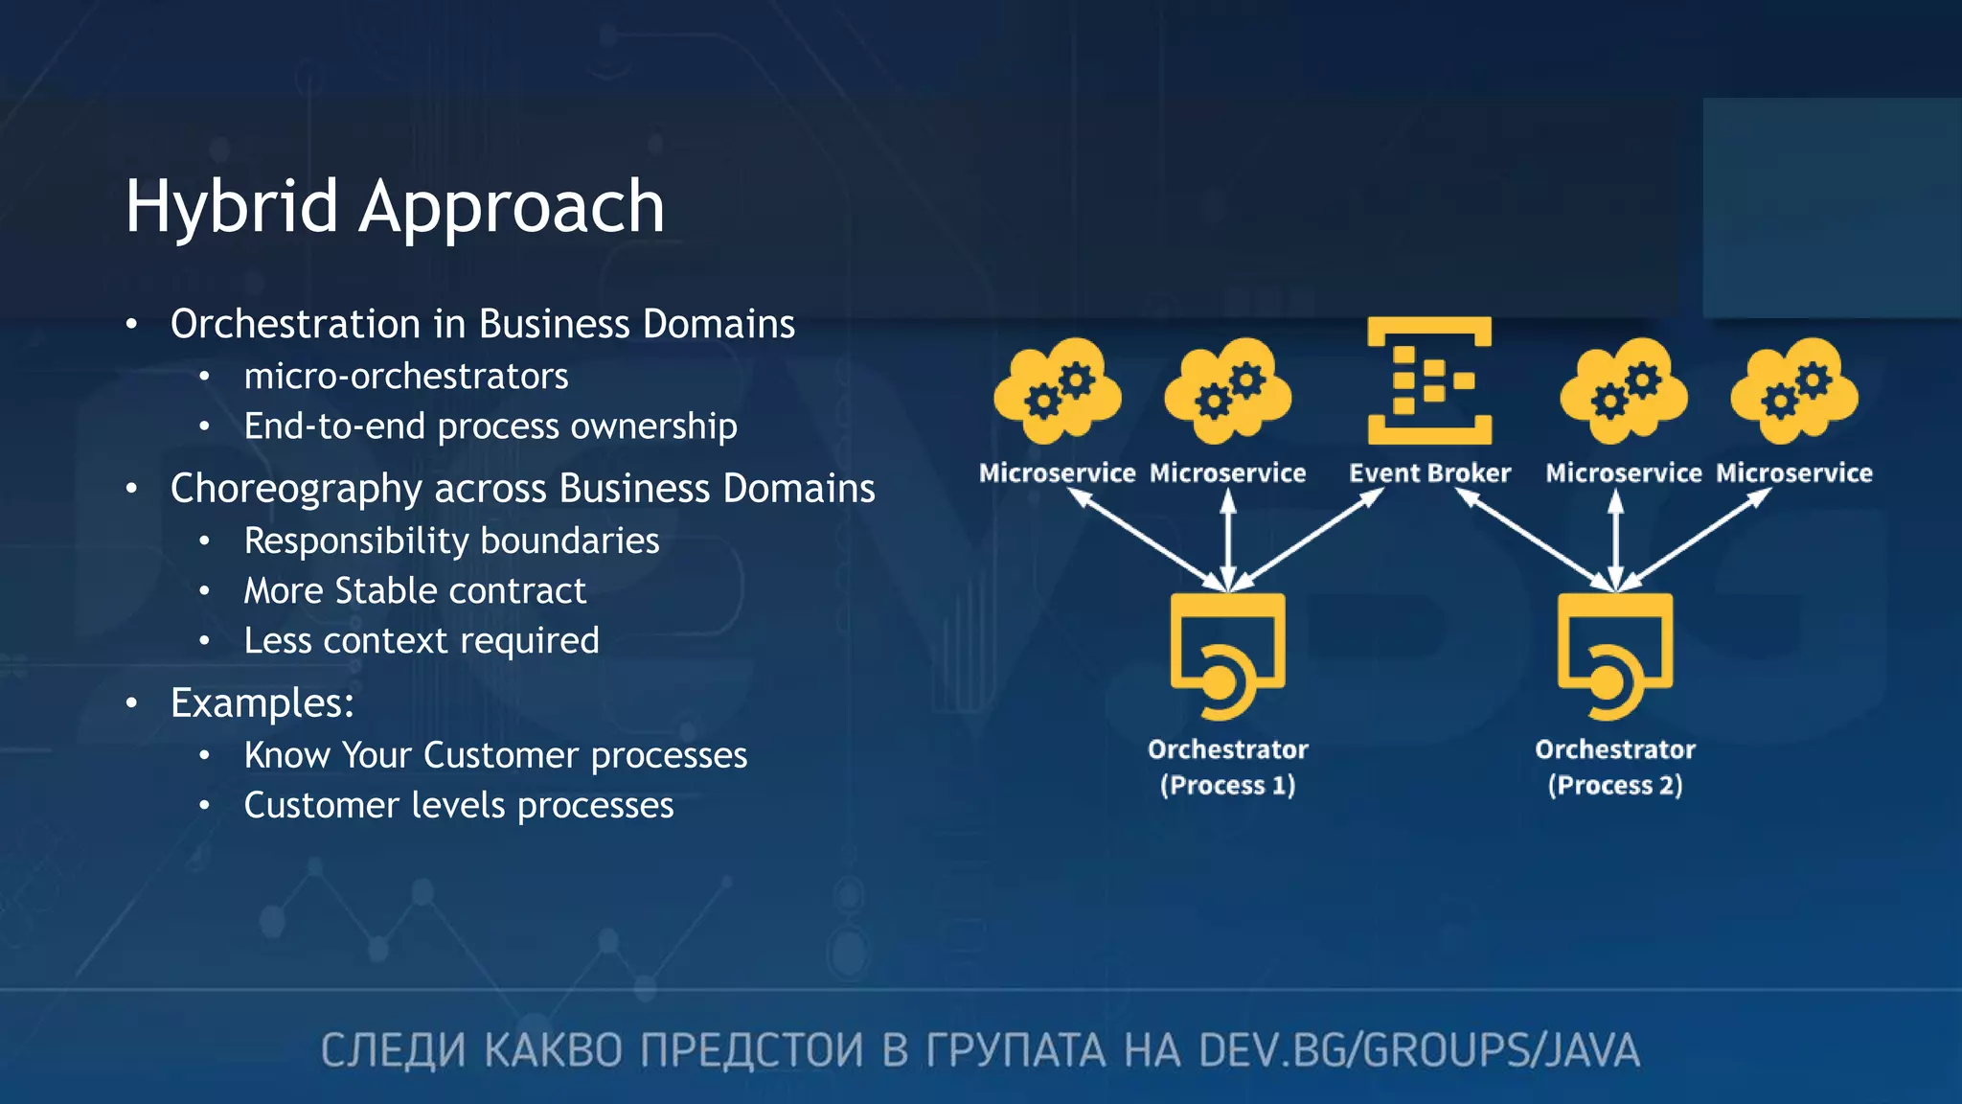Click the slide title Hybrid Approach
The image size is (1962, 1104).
(395, 206)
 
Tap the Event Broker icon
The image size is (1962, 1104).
(1429, 380)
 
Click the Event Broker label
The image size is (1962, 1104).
(1429, 473)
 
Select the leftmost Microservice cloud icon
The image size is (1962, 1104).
(1058, 390)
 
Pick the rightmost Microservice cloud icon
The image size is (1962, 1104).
(1794, 390)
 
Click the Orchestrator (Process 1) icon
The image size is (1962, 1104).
(1227, 655)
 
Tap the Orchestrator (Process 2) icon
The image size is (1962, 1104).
(1615, 655)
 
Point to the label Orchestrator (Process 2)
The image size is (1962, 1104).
(1615, 767)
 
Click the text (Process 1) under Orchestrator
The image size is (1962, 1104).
(1227, 786)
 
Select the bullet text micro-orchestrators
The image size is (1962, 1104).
(406, 377)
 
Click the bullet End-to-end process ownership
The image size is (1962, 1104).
(490, 426)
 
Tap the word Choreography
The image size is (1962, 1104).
(296, 489)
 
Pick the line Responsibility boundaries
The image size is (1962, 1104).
(451, 541)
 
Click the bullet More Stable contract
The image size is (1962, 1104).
(415, 591)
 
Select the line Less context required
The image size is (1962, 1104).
(422, 641)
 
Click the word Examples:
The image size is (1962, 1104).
(262, 703)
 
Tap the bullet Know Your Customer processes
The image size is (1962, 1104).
(495, 756)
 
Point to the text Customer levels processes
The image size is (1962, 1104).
(459, 806)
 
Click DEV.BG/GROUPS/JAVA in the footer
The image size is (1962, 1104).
(1419, 1050)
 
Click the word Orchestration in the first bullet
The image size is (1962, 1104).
(295, 324)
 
